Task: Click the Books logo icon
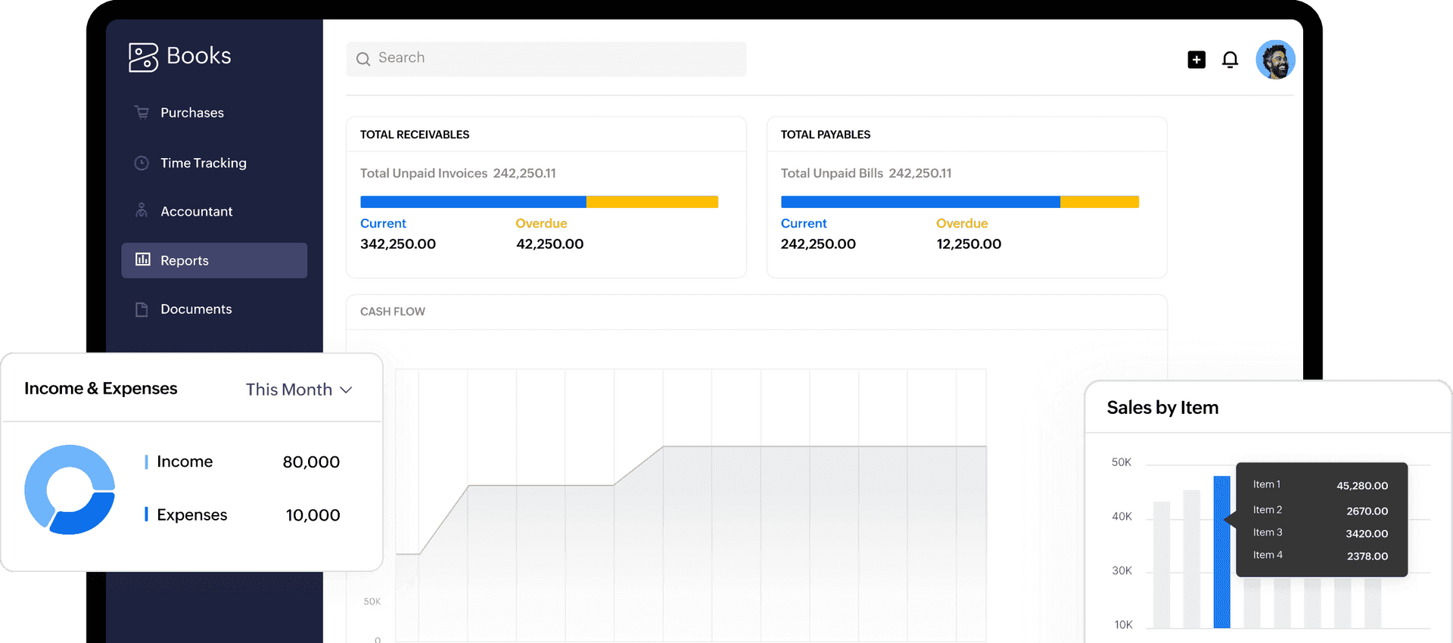point(143,57)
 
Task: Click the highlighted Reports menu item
point(214,260)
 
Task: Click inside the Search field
point(546,58)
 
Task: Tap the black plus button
point(1196,59)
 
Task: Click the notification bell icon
point(1231,60)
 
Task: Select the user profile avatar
point(1276,60)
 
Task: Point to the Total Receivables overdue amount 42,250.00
point(550,244)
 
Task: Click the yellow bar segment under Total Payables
point(1100,202)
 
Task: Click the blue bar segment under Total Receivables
point(473,202)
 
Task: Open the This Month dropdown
point(299,390)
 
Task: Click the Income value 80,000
point(311,462)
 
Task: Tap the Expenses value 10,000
point(313,515)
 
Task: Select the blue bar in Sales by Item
point(1221,552)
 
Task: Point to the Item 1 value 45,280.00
point(1362,486)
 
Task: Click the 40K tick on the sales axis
point(1122,517)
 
